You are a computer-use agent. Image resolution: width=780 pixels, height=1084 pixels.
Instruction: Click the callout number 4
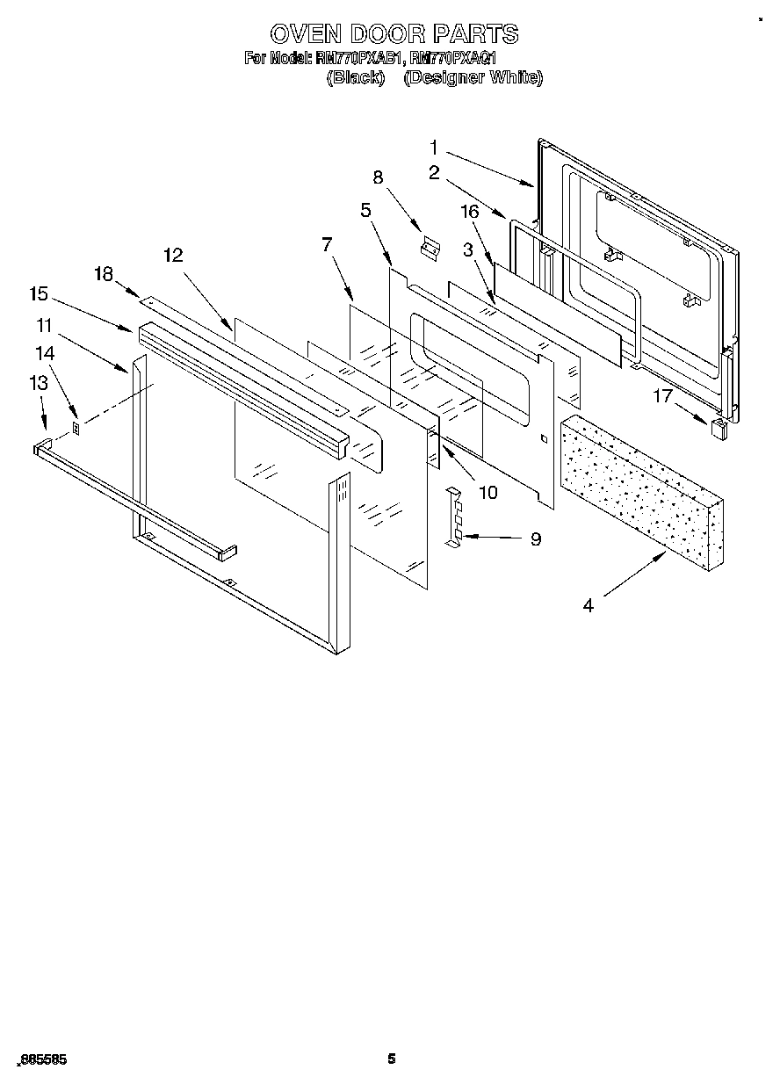pyautogui.click(x=587, y=605)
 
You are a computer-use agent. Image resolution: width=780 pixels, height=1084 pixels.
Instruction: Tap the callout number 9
pyautogui.click(x=535, y=539)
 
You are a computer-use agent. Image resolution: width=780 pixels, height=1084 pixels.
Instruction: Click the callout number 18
pyautogui.click(x=104, y=274)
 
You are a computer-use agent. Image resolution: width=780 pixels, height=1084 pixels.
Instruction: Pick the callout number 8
pyautogui.click(x=379, y=177)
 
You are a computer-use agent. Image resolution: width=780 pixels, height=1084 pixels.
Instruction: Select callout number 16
pyautogui.click(x=470, y=211)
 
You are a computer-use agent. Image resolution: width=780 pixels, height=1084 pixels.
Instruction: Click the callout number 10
pyautogui.click(x=487, y=492)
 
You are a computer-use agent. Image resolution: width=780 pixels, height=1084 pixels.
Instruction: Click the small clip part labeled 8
pyautogui.click(x=430, y=249)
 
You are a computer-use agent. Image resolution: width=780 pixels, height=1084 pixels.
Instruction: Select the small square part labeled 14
pyautogui.click(x=76, y=430)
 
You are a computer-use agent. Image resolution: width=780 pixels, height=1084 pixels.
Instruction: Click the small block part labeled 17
pyautogui.click(x=719, y=429)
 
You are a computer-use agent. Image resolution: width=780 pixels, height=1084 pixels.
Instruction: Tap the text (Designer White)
pyautogui.click(x=473, y=78)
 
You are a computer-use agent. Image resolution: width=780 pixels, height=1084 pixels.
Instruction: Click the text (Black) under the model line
pyautogui.click(x=355, y=78)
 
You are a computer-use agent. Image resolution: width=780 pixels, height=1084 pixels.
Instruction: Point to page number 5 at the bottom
pyautogui.click(x=392, y=1059)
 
